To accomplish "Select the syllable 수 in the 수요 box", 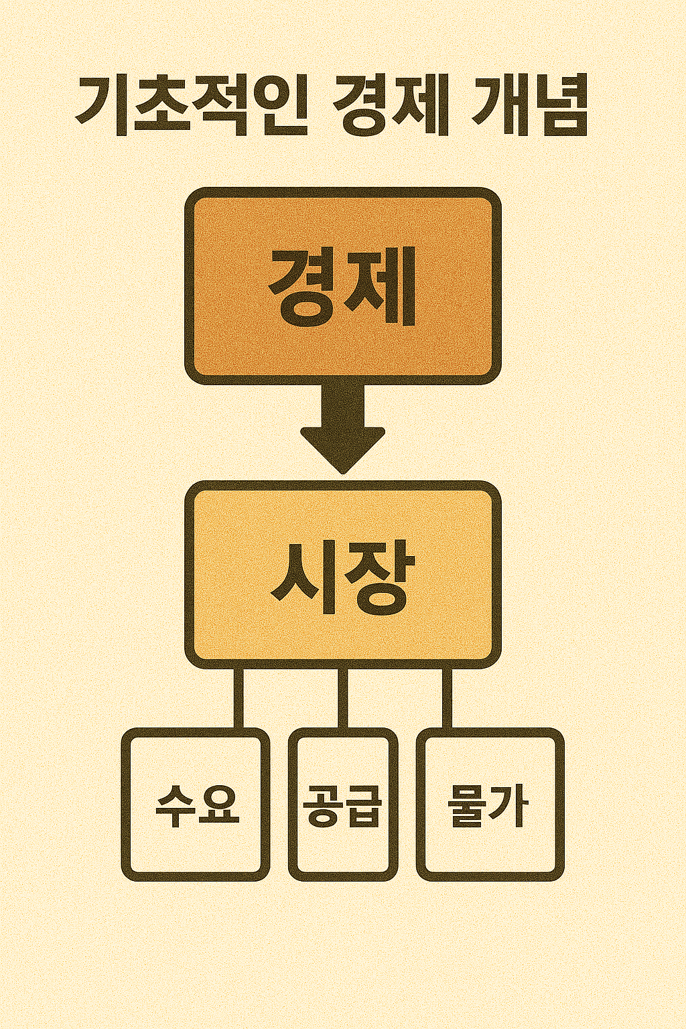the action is (x=176, y=806).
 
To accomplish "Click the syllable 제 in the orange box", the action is (x=380, y=286).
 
